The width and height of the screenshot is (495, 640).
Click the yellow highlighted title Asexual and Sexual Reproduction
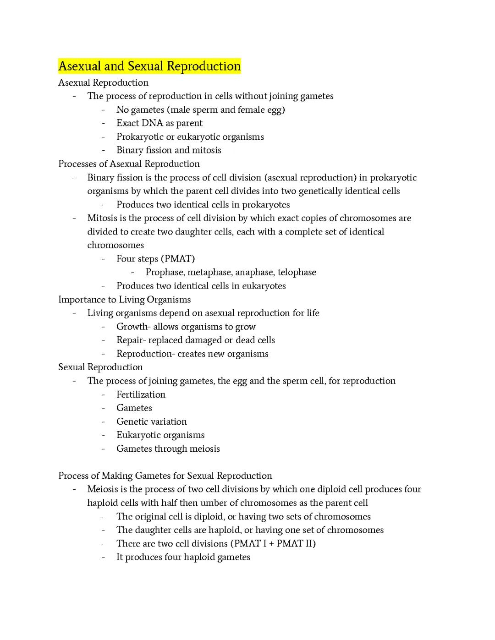[x=149, y=66]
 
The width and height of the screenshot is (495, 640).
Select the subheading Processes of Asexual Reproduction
[x=129, y=164]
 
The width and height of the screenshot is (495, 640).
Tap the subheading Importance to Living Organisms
[x=124, y=300]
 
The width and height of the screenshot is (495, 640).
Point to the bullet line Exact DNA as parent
[x=159, y=123]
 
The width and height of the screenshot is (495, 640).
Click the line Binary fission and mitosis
[x=169, y=150]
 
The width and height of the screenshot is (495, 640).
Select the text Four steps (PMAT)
[x=155, y=259]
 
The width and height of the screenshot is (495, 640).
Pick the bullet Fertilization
[x=141, y=394]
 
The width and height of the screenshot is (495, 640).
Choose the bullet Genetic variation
[x=151, y=421]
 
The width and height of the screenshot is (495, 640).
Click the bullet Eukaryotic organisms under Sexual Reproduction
[x=160, y=435]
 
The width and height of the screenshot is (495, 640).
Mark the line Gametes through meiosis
[x=168, y=449]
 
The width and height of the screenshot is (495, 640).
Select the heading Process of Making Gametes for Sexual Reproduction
[x=165, y=476]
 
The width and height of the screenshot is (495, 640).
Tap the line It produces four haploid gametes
[x=183, y=557]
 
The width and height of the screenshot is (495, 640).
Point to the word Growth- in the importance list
[x=133, y=327]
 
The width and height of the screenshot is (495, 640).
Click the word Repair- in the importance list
[x=132, y=340]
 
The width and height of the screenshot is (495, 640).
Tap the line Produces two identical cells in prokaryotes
[x=203, y=205]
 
